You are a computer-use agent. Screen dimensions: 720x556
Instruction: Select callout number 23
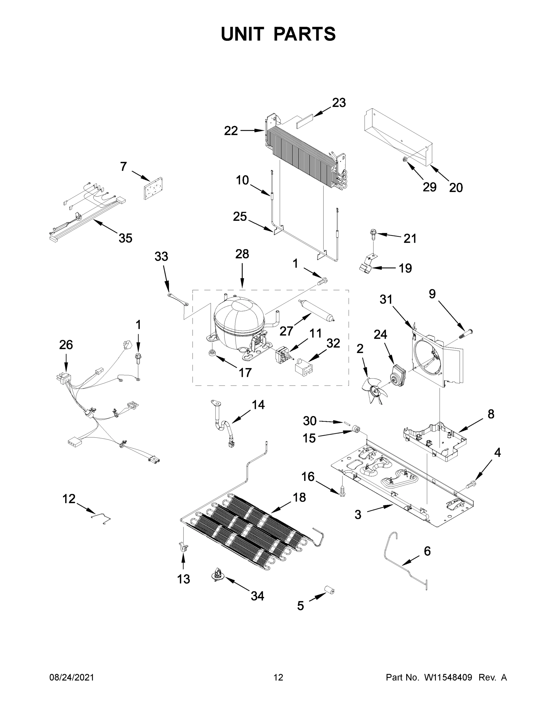pos(339,103)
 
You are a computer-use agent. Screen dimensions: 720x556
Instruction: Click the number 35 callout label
pos(126,238)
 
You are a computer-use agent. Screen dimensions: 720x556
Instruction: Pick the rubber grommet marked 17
pos(212,354)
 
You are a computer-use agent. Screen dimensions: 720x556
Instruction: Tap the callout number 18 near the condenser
pos(299,497)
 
